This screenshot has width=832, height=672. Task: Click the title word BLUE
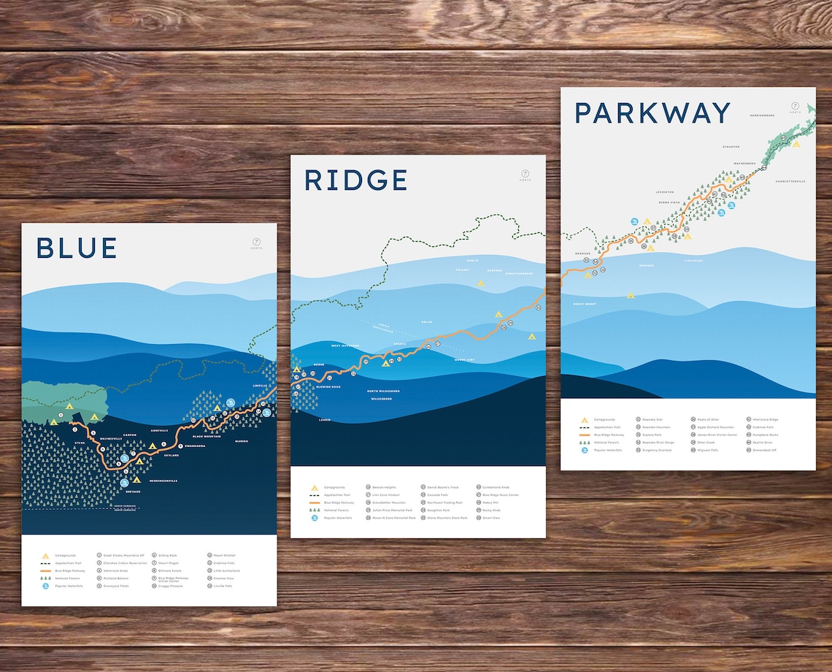click(x=77, y=248)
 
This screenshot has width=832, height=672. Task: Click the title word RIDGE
click(x=355, y=180)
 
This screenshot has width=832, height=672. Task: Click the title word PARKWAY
click(x=652, y=113)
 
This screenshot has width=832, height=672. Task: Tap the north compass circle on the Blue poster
click(x=256, y=243)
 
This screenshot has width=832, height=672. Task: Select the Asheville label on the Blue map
click(x=158, y=430)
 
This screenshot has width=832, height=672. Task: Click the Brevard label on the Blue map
click(x=132, y=492)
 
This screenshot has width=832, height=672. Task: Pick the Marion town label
click(x=242, y=441)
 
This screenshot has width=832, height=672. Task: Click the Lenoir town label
click(x=326, y=420)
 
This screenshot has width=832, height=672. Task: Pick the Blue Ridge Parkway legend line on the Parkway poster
click(x=584, y=435)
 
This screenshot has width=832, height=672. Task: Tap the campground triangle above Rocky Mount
click(x=631, y=295)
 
